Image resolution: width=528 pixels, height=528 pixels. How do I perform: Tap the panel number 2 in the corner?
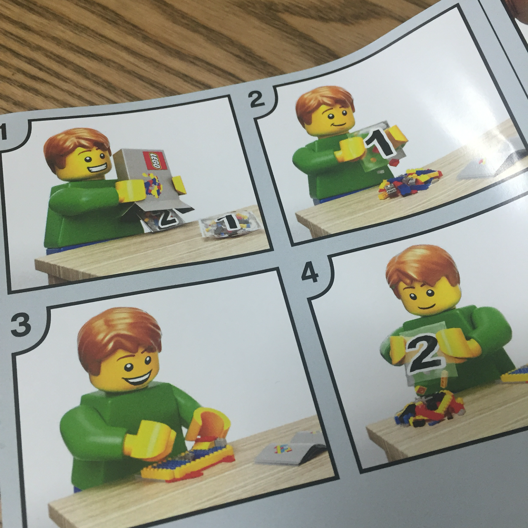click(x=256, y=100)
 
